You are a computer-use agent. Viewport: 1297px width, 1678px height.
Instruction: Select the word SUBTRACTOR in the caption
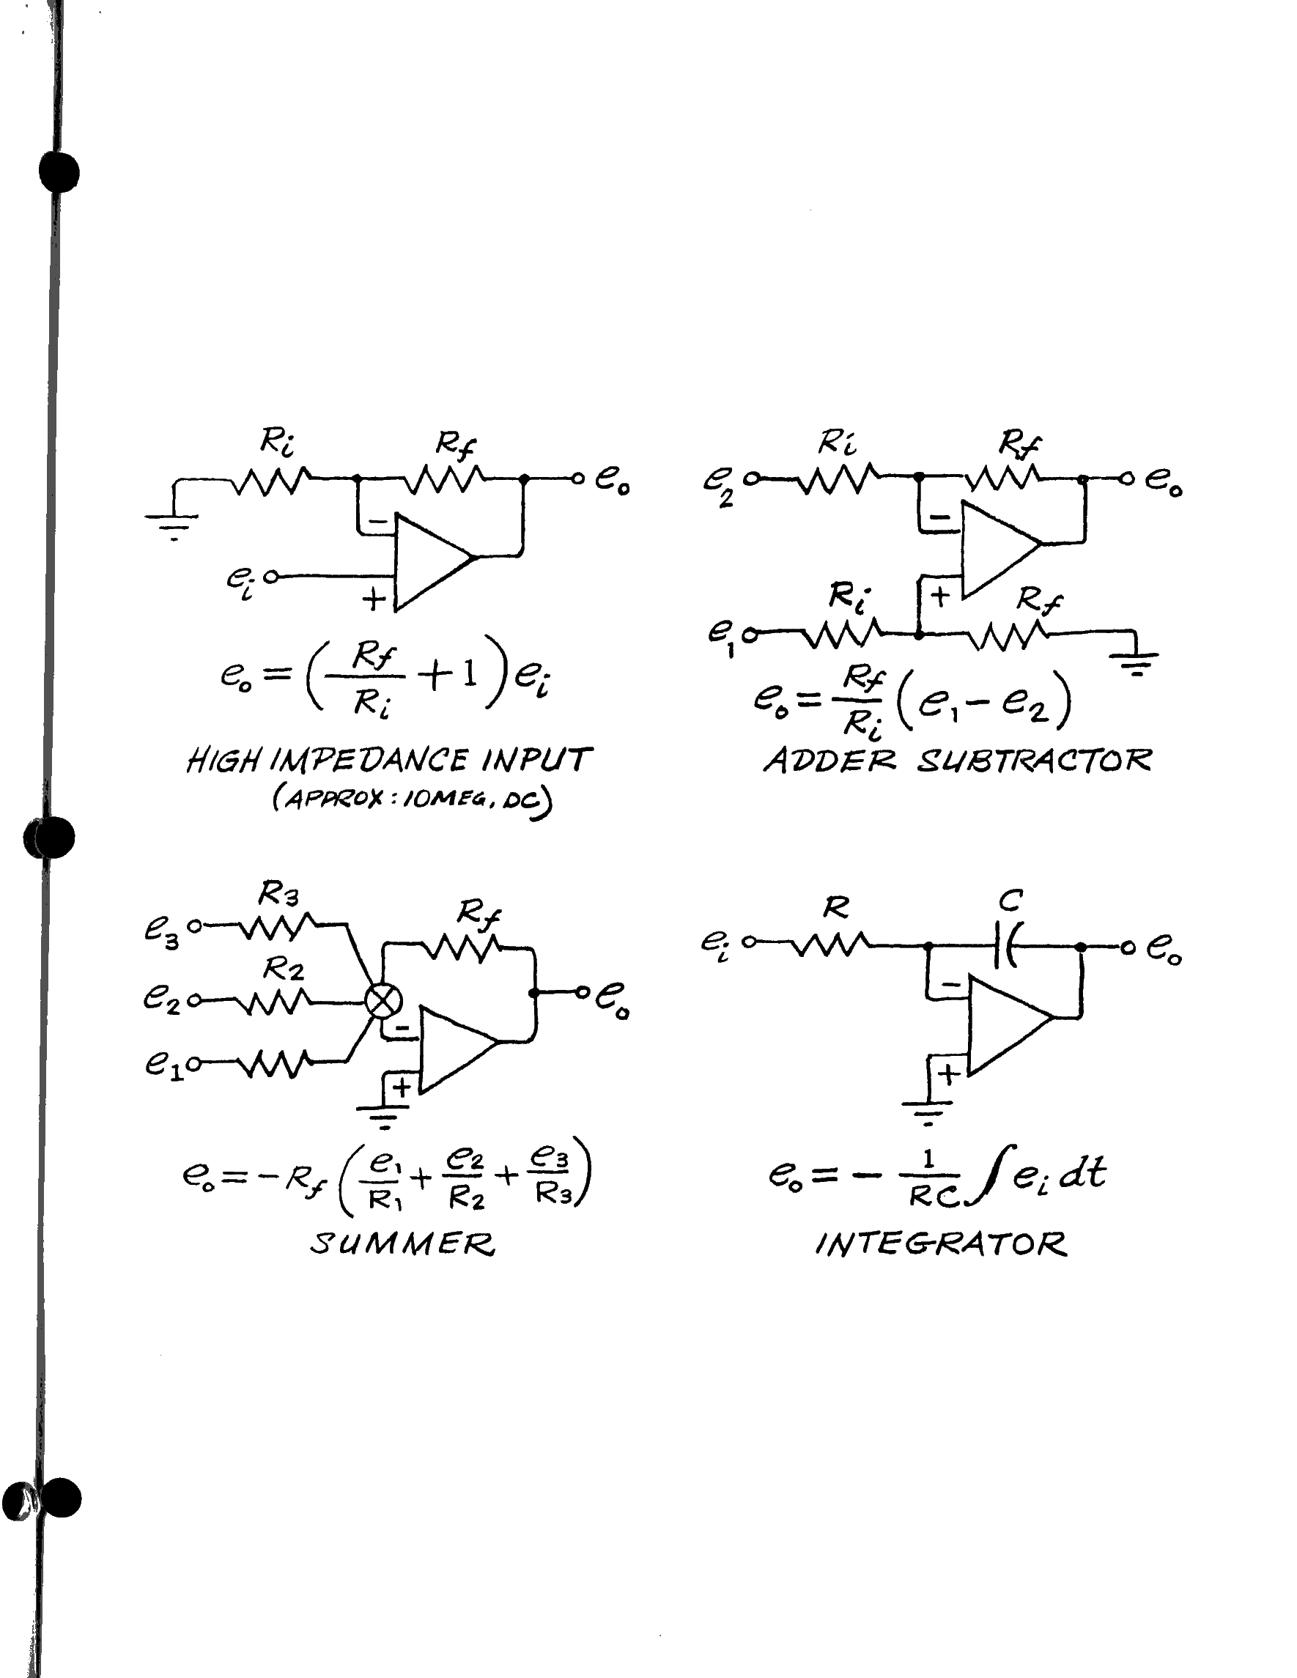pyautogui.click(x=1034, y=761)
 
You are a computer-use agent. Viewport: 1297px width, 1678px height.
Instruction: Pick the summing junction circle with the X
pyautogui.click(x=382, y=1000)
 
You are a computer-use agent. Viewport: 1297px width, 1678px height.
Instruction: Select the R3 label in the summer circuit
pyautogui.click(x=278, y=894)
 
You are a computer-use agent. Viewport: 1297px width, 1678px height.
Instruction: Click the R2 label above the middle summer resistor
pyautogui.click(x=283, y=969)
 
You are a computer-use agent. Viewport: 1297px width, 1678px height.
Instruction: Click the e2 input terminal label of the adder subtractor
pyautogui.click(x=717, y=486)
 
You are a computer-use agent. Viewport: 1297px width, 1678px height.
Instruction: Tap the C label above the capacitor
pyautogui.click(x=1010, y=900)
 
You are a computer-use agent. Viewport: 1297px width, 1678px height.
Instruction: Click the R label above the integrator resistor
pyautogui.click(x=836, y=908)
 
